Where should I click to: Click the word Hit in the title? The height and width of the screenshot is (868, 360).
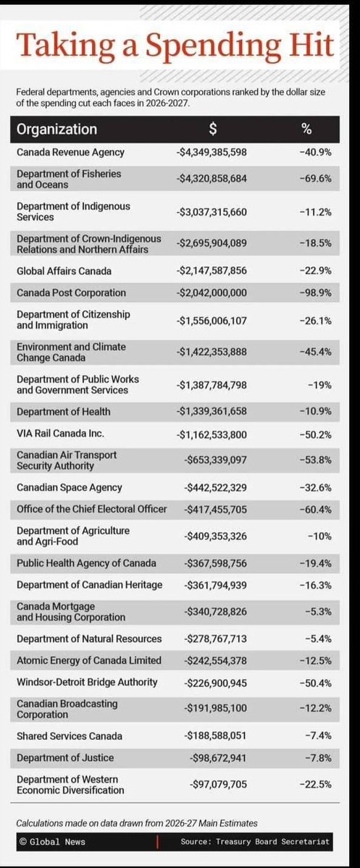point(304,45)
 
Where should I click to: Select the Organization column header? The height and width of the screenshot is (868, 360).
point(56,130)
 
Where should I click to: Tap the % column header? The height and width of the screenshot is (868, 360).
point(306,130)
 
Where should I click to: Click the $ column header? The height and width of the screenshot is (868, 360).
point(212,130)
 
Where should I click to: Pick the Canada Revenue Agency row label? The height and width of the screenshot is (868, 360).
point(70,152)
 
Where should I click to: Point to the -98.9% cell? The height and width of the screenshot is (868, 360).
point(316,292)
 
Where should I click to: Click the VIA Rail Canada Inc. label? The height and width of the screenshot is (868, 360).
point(60,433)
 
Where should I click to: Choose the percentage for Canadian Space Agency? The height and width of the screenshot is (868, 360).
point(316,487)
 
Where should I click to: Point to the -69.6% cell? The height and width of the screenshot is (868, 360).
point(316,179)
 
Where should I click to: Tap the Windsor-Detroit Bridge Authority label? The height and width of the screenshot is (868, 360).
point(85,682)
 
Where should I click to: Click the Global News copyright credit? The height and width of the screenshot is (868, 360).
point(49,842)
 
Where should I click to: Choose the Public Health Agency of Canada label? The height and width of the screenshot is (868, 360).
point(87,562)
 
